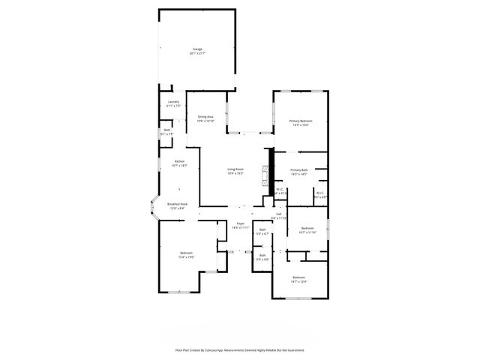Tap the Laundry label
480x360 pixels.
coord(173,101)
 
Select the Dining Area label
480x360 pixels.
coord(205,116)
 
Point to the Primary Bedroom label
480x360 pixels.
coord(301,121)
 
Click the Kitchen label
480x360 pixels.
coord(179,161)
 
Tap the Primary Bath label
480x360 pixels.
coord(299,170)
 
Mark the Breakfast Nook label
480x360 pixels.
coord(178,204)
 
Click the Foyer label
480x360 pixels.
coord(240,223)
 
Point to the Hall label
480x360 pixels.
coord(278,214)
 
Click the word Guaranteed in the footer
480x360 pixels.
coord(293,350)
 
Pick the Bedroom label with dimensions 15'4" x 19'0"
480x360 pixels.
coord(186,253)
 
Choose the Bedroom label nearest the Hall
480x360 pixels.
coord(307,228)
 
